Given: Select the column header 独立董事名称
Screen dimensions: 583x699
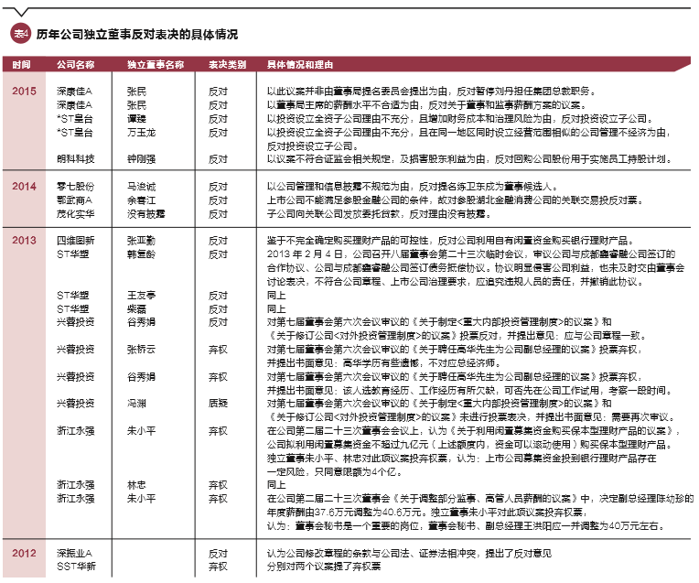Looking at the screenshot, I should tap(155, 65).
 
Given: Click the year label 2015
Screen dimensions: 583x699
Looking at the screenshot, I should tap(24, 92).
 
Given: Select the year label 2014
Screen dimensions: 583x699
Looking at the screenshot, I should tap(24, 186).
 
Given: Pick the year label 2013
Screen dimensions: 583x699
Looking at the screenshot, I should tap(24, 240).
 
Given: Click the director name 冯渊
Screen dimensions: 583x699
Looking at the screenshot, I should tap(136, 404).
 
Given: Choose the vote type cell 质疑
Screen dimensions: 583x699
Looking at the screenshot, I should tap(218, 404).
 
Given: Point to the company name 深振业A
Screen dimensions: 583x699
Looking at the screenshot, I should tap(75, 555).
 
